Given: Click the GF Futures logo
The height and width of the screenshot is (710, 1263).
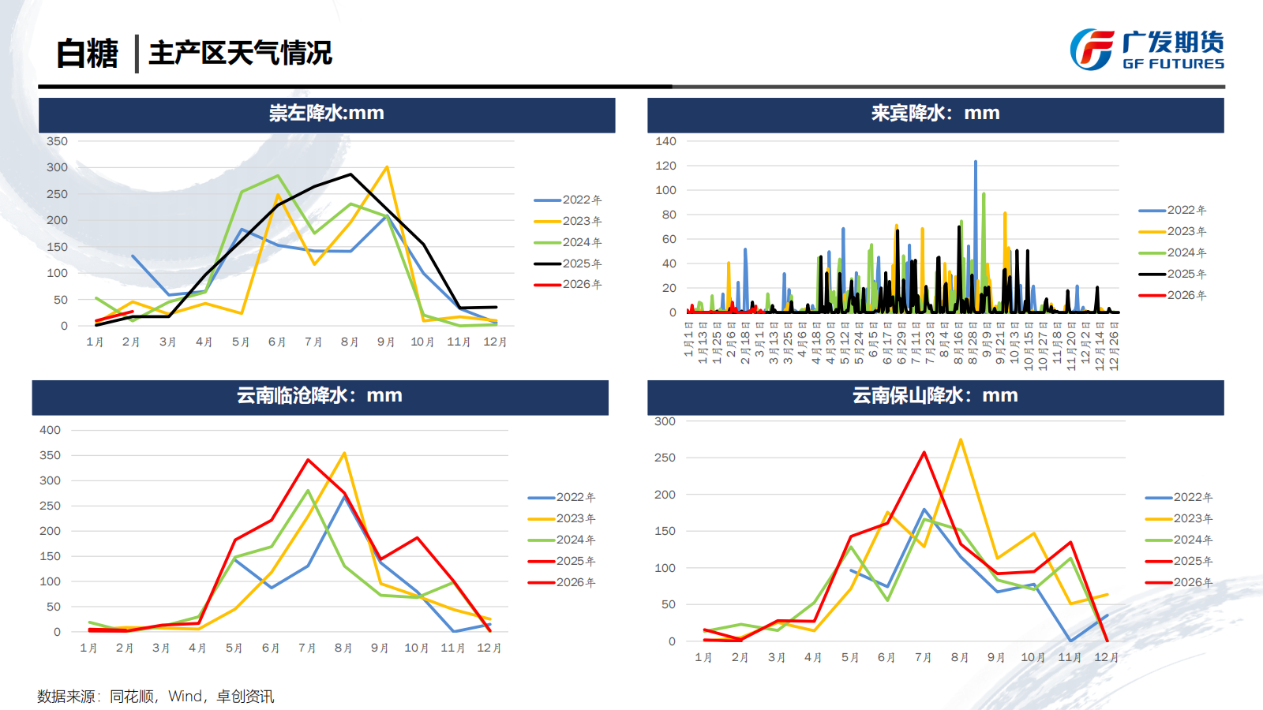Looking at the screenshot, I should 1146,50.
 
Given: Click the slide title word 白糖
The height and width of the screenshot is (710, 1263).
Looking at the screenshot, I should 87,54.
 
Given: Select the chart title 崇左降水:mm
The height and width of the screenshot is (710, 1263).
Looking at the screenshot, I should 326,114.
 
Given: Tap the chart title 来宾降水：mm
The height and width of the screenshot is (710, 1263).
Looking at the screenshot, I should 935,114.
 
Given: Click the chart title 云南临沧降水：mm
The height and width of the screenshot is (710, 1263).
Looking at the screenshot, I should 320,396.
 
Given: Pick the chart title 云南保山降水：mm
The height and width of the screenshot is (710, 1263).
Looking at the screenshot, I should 935,396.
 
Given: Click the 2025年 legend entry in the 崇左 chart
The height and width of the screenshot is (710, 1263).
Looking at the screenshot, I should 568,263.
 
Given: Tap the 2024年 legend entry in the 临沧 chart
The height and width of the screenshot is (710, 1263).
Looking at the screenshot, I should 562,540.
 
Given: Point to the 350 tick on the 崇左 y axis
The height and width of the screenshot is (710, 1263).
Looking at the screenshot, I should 57,141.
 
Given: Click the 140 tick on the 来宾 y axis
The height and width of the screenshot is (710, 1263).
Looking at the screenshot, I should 665,141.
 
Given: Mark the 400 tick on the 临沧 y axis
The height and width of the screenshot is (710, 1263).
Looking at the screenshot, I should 50,430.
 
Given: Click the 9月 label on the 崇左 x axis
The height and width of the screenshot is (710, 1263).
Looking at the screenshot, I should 386,342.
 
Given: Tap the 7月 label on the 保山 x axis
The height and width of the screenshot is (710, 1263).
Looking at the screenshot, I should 923,657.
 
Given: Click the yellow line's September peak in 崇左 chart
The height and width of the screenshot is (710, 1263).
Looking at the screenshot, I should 387,167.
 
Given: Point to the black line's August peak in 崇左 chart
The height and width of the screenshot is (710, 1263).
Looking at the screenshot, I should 350,174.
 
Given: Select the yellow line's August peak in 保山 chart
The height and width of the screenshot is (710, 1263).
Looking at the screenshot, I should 961,440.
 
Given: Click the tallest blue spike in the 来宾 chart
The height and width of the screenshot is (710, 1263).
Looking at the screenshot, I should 976,163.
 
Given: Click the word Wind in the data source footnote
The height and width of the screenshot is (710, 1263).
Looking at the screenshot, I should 185,697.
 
